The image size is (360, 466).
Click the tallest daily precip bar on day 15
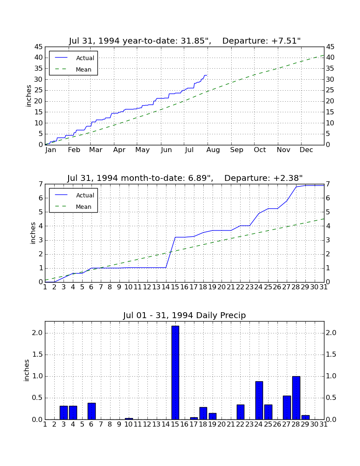[x=175, y=373]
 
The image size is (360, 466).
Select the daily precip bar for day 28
[x=296, y=398]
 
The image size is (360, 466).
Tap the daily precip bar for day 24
[x=259, y=400]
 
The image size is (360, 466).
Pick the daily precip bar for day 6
[x=91, y=411]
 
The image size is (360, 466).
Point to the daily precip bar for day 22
[x=240, y=412]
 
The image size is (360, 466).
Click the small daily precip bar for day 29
[x=305, y=417]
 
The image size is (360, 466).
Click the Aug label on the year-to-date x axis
[x=213, y=150]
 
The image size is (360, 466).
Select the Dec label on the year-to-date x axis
[x=306, y=150]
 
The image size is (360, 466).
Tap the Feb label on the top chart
[x=74, y=150]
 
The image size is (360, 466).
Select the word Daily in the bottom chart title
[x=207, y=315]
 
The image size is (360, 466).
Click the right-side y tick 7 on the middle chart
[x=328, y=184]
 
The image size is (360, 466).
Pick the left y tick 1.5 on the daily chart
[x=37, y=355]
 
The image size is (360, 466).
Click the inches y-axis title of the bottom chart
[x=27, y=370]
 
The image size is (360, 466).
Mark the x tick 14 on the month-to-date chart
[x=166, y=287]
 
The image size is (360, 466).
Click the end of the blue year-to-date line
[x=207, y=75]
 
